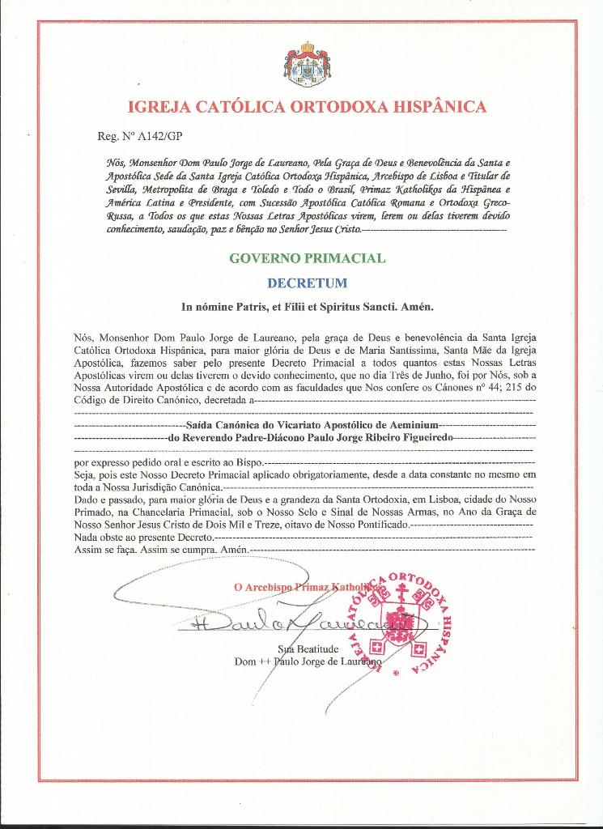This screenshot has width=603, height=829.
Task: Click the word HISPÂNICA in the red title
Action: coord(433,107)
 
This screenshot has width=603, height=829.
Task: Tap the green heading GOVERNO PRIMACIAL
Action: coord(308,259)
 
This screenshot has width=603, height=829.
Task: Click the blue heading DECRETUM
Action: coord(307,283)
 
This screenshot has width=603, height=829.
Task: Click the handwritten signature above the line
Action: coord(291,623)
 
